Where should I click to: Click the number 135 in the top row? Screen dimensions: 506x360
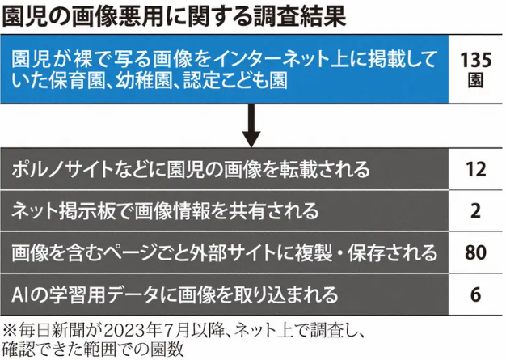pyautogui.click(x=475, y=61)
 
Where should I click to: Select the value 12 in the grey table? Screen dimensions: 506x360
pyautogui.click(x=475, y=169)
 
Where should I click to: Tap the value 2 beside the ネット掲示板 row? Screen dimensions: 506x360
pyautogui.click(x=475, y=211)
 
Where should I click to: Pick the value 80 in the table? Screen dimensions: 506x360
pyautogui.click(x=475, y=252)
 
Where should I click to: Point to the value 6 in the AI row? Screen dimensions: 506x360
pyautogui.click(x=475, y=294)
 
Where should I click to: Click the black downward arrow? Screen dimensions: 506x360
pyautogui.click(x=251, y=126)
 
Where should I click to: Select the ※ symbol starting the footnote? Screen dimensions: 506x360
pyautogui.click(x=10, y=331)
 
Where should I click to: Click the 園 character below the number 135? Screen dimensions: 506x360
pyautogui.click(x=475, y=80)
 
